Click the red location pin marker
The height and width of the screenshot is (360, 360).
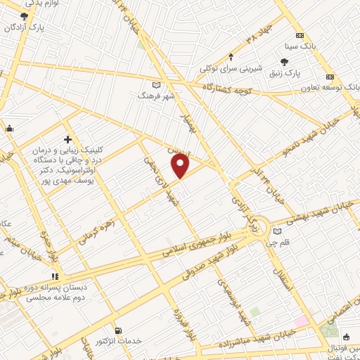(181, 165)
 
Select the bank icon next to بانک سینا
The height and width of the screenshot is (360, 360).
(300, 36)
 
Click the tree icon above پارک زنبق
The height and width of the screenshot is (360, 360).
(283, 62)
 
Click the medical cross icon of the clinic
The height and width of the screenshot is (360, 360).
(67, 139)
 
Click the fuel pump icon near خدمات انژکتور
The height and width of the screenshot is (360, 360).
(117, 330)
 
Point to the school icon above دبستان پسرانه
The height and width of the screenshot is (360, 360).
(56, 276)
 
